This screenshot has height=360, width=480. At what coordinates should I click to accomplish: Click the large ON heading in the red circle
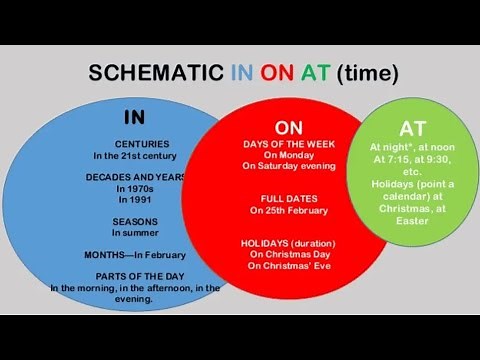pyautogui.click(x=289, y=128)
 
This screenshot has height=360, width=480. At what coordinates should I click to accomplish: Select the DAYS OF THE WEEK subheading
pyautogui.click(x=289, y=145)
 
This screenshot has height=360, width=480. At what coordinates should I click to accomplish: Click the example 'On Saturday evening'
pyautogui.click(x=289, y=167)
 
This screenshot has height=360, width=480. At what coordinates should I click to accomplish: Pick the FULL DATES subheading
pyautogui.click(x=289, y=199)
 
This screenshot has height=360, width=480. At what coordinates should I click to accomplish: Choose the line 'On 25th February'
pyautogui.click(x=289, y=211)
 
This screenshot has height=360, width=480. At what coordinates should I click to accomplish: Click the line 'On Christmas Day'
pyautogui.click(x=289, y=254)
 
